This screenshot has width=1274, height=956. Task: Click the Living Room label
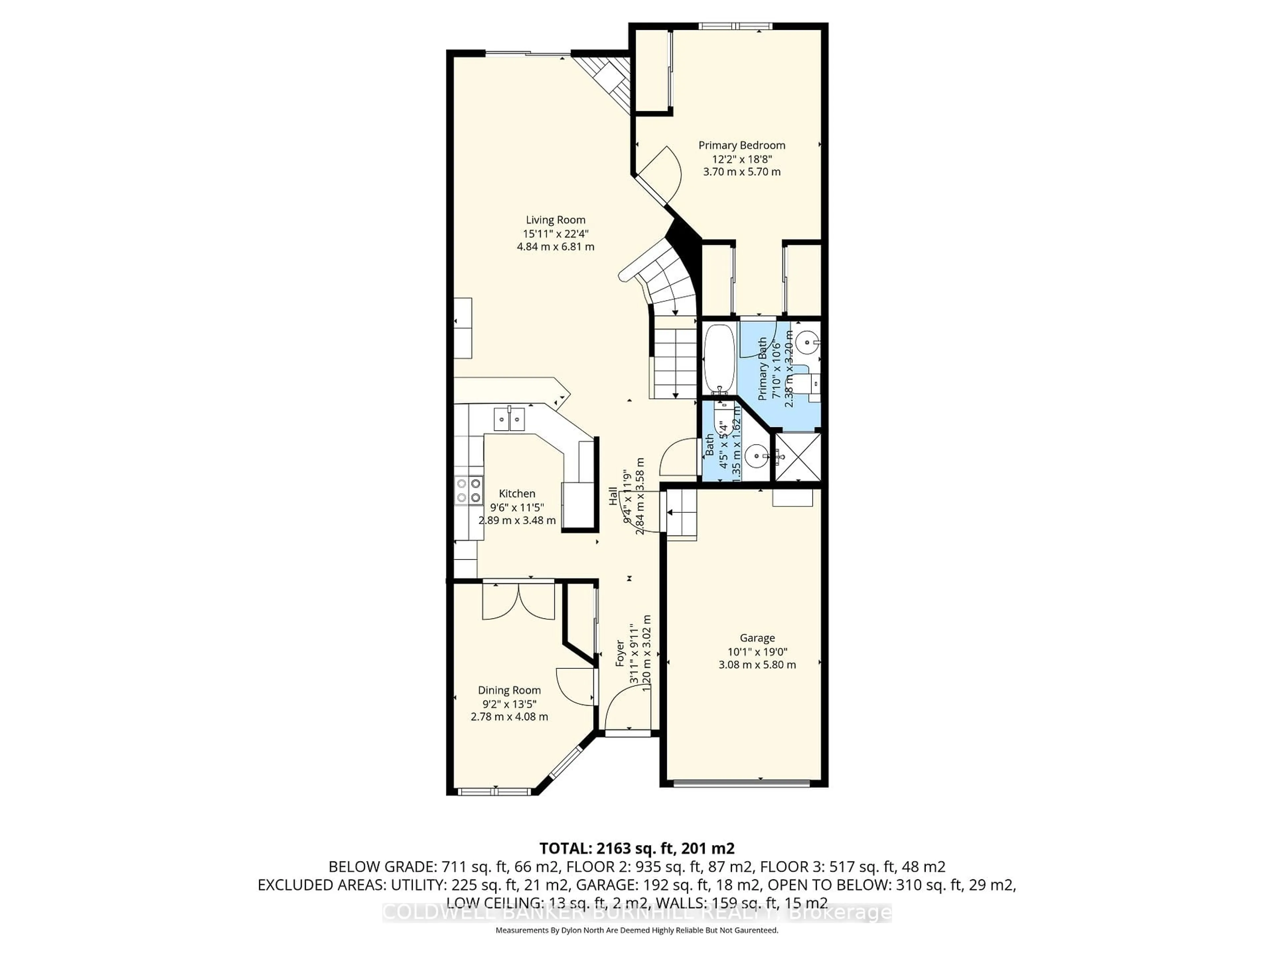click(555, 219)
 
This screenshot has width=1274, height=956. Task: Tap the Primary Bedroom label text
click(742, 145)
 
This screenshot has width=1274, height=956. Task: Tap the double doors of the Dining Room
click(518, 601)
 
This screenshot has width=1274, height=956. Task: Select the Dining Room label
click(509, 690)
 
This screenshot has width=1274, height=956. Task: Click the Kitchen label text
click(517, 493)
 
